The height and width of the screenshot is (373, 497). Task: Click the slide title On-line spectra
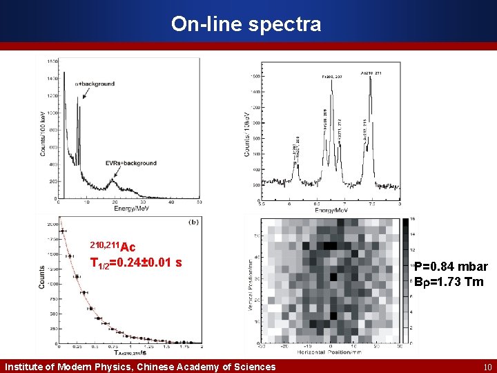click(x=246, y=24)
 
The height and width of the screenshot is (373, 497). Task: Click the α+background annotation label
click(x=95, y=84)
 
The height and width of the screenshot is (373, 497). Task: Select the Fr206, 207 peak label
click(x=331, y=77)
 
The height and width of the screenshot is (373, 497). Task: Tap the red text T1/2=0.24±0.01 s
click(x=137, y=262)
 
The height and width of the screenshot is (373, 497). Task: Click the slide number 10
click(x=487, y=367)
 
